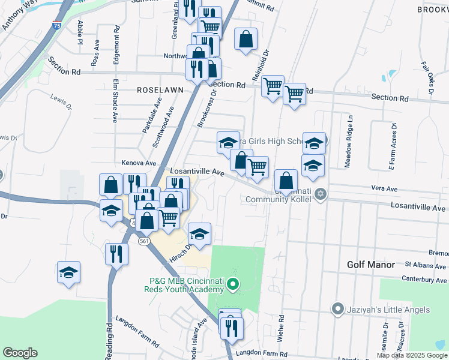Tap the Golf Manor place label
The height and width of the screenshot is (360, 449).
[371, 265]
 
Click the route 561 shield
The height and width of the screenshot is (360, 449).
[143, 241]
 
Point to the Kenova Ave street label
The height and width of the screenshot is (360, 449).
[139, 163]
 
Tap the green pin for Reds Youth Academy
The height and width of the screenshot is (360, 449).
[235, 283]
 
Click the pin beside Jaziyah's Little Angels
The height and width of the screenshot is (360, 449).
[337, 310]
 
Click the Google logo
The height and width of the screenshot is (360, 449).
[20, 353]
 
